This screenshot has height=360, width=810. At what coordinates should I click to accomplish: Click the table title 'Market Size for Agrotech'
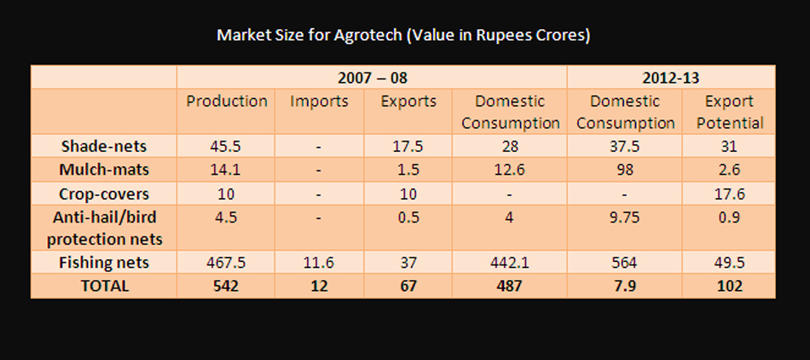(404, 36)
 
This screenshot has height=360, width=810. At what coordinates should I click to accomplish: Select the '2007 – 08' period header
(372, 78)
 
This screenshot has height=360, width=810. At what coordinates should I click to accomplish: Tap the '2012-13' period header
(671, 78)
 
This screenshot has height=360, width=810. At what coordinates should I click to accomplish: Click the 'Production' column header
(227, 101)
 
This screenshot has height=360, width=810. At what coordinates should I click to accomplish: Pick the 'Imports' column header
(319, 101)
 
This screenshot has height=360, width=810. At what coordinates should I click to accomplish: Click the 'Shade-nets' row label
(104, 145)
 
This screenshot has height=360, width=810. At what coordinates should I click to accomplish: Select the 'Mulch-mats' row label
(104, 169)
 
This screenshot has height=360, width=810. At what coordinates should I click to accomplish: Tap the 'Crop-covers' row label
(104, 193)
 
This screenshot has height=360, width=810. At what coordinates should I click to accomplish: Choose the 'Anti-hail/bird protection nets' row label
(104, 228)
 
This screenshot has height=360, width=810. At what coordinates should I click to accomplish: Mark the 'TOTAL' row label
(104, 286)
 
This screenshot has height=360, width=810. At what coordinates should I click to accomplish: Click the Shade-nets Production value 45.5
(225, 145)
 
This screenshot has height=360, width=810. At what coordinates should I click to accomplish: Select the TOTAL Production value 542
(225, 286)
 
